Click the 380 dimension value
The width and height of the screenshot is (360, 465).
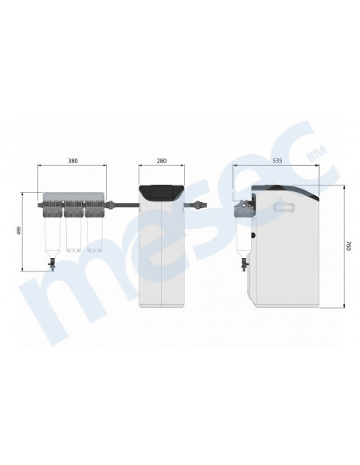[x=72, y=161]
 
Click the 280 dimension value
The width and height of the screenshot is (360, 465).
[x=162, y=161]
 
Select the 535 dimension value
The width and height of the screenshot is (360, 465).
[x=277, y=161]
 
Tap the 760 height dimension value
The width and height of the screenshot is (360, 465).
[x=348, y=246]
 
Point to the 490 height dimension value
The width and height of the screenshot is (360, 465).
[x=19, y=231]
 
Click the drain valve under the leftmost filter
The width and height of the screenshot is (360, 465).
[x=53, y=265]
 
